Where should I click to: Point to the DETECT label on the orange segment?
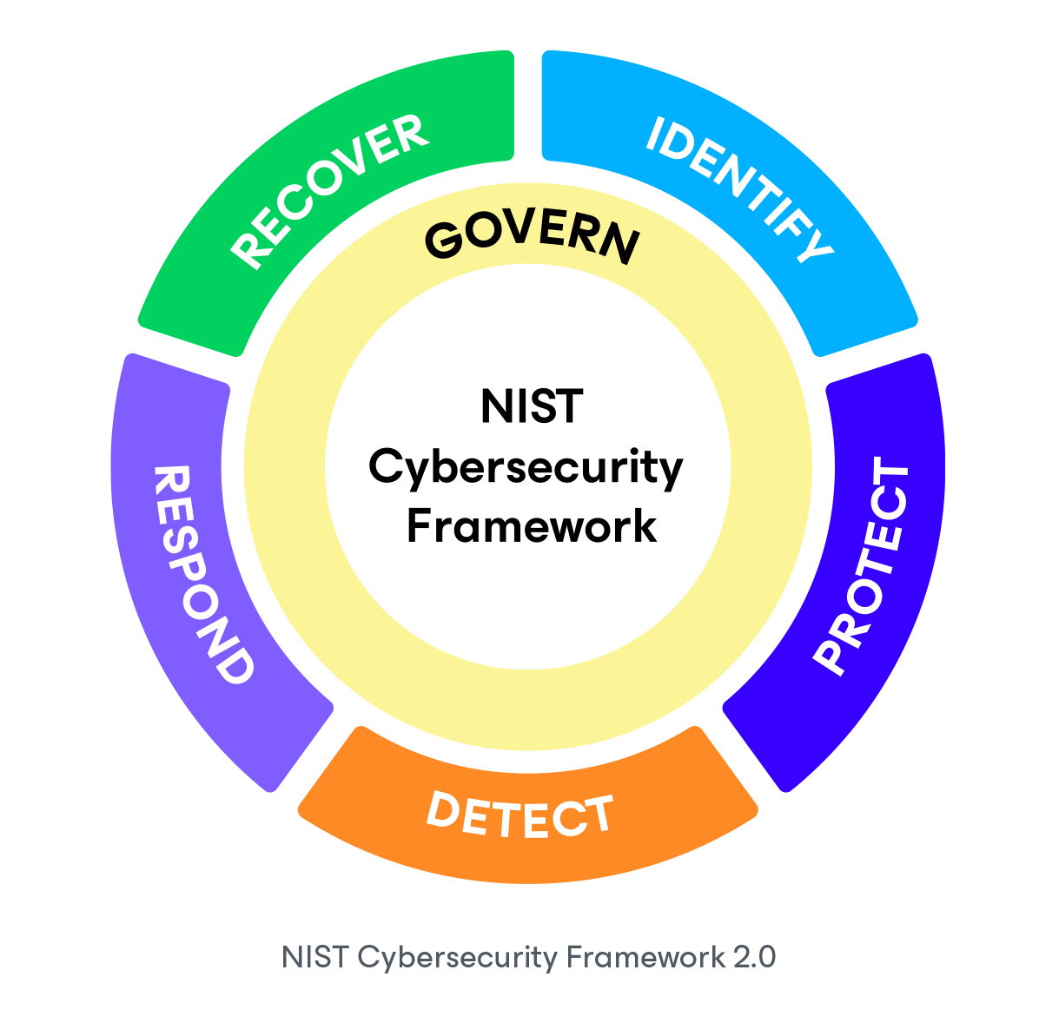click(x=520, y=815)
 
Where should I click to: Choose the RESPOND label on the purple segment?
click(x=202, y=574)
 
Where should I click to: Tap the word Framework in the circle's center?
click(x=532, y=526)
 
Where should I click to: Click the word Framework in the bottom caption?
click(x=645, y=957)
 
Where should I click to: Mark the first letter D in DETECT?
click(x=442, y=808)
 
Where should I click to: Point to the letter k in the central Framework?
click(x=645, y=526)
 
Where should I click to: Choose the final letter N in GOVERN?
click(x=619, y=244)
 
